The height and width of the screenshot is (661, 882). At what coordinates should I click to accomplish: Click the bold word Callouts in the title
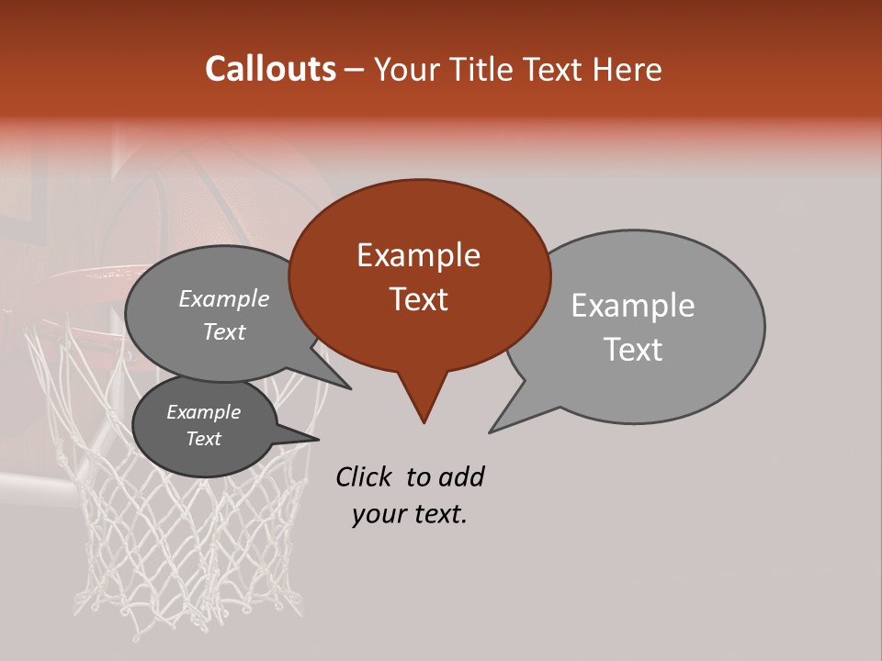coord(270,69)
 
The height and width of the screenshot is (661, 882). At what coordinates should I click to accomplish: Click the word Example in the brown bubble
coord(418,255)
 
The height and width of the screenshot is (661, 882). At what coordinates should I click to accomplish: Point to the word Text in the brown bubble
coord(418,299)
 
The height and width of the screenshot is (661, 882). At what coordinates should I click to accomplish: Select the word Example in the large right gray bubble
coord(632,306)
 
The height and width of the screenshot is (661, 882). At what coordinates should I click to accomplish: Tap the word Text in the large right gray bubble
coord(633,350)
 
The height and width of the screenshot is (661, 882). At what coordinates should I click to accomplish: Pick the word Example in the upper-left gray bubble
coord(223,299)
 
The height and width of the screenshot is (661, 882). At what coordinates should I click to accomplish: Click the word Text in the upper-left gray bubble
coord(223,332)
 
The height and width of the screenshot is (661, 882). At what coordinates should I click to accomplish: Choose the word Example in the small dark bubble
coord(203,413)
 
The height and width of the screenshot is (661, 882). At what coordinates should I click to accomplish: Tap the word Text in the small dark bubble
coord(203,439)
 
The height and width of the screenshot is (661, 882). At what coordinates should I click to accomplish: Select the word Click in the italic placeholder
coord(366,477)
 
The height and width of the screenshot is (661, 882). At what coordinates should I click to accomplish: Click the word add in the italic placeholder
coord(461,477)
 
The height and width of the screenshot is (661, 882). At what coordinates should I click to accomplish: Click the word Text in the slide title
coord(556,70)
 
